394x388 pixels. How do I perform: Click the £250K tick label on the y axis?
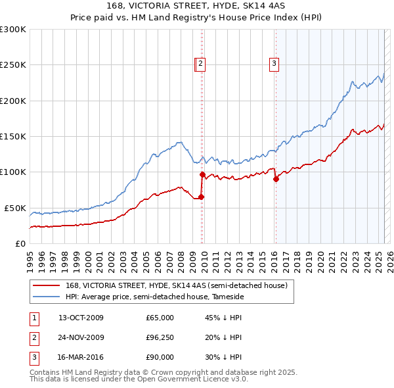point(13,65)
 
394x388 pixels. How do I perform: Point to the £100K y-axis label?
point(13,172)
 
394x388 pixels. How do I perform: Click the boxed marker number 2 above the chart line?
point(200,64)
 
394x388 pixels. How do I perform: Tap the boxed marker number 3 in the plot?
point(274,64)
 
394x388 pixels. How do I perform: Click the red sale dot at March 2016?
point(276,179)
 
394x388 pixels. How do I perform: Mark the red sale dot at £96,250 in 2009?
point(202,174)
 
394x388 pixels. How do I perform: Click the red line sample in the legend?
point(46,286)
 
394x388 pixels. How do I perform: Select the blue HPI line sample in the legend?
point(46,297)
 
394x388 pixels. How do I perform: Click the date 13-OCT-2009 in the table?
point(81,318)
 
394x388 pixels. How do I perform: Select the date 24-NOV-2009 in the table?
point(81,337)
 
